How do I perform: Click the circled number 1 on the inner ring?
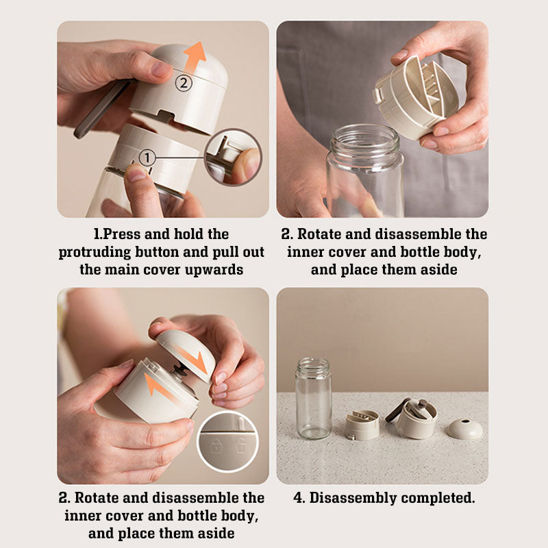(x=147, y=158)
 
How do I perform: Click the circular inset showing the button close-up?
(x=232, y=158)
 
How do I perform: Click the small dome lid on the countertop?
(x=465, y=429)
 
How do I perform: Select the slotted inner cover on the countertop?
(x=362, y=425)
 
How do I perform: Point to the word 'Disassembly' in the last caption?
(x=353, y=498)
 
